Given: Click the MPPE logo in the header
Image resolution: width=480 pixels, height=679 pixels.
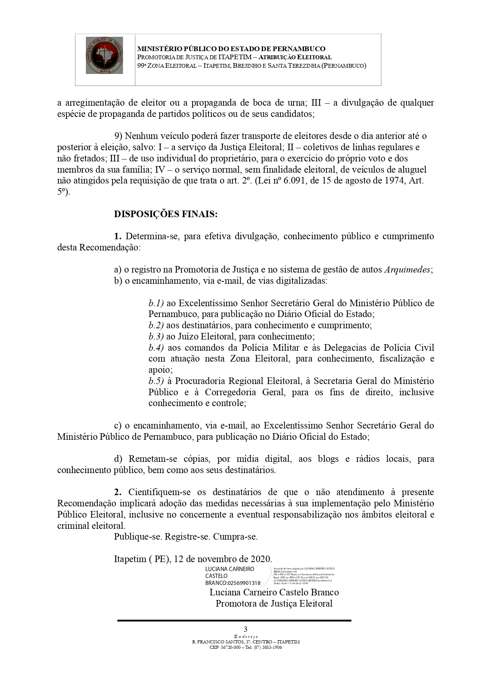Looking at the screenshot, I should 104,55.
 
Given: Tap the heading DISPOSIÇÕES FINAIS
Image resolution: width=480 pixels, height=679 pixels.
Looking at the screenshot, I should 166,214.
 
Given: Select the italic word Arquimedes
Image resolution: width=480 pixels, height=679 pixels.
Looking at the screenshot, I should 407,270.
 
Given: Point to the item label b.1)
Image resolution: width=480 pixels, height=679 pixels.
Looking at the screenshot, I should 156,303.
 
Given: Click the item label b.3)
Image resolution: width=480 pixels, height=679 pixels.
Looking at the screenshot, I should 156,336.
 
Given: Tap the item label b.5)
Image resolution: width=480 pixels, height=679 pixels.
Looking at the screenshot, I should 156,381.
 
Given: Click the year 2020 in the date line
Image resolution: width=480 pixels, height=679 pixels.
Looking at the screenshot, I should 261,559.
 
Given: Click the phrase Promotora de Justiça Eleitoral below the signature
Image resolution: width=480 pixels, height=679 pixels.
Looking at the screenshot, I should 274,604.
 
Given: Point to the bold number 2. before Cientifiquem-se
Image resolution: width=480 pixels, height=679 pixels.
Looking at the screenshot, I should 118,492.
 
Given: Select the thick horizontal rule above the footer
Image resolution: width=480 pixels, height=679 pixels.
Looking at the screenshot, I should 234,621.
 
